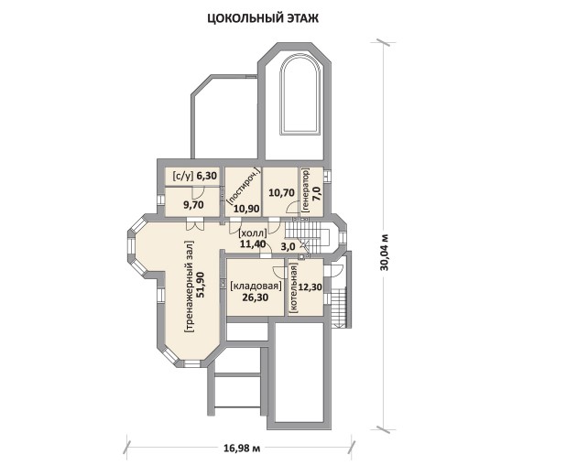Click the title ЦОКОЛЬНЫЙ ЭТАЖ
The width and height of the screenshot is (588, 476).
click(x=263, y=18)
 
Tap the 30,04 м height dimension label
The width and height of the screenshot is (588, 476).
click(x=385, y=253)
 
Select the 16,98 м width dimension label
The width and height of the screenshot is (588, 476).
click(x=242, y=448)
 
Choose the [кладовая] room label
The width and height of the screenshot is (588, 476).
click(x=256, y=287)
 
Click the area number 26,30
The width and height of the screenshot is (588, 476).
click(x=255, y=298)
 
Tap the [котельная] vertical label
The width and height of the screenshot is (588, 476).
click(x=293, y=287)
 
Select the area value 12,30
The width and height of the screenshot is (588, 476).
click(x=311, y=287)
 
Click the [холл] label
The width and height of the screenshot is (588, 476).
click(x=253, y=233)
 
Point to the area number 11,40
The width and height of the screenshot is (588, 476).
click(x=253, y=244)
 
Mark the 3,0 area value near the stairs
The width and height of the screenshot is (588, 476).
click(x=288, y=246)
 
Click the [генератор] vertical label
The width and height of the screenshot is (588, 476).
click(x=305, y=190)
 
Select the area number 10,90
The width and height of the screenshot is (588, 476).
click(x=246, y=209)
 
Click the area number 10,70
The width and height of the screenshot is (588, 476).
click(x=281, y=192)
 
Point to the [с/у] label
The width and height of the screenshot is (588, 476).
click(x=183, y=176)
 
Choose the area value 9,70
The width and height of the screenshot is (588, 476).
click(x=192, y=205)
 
